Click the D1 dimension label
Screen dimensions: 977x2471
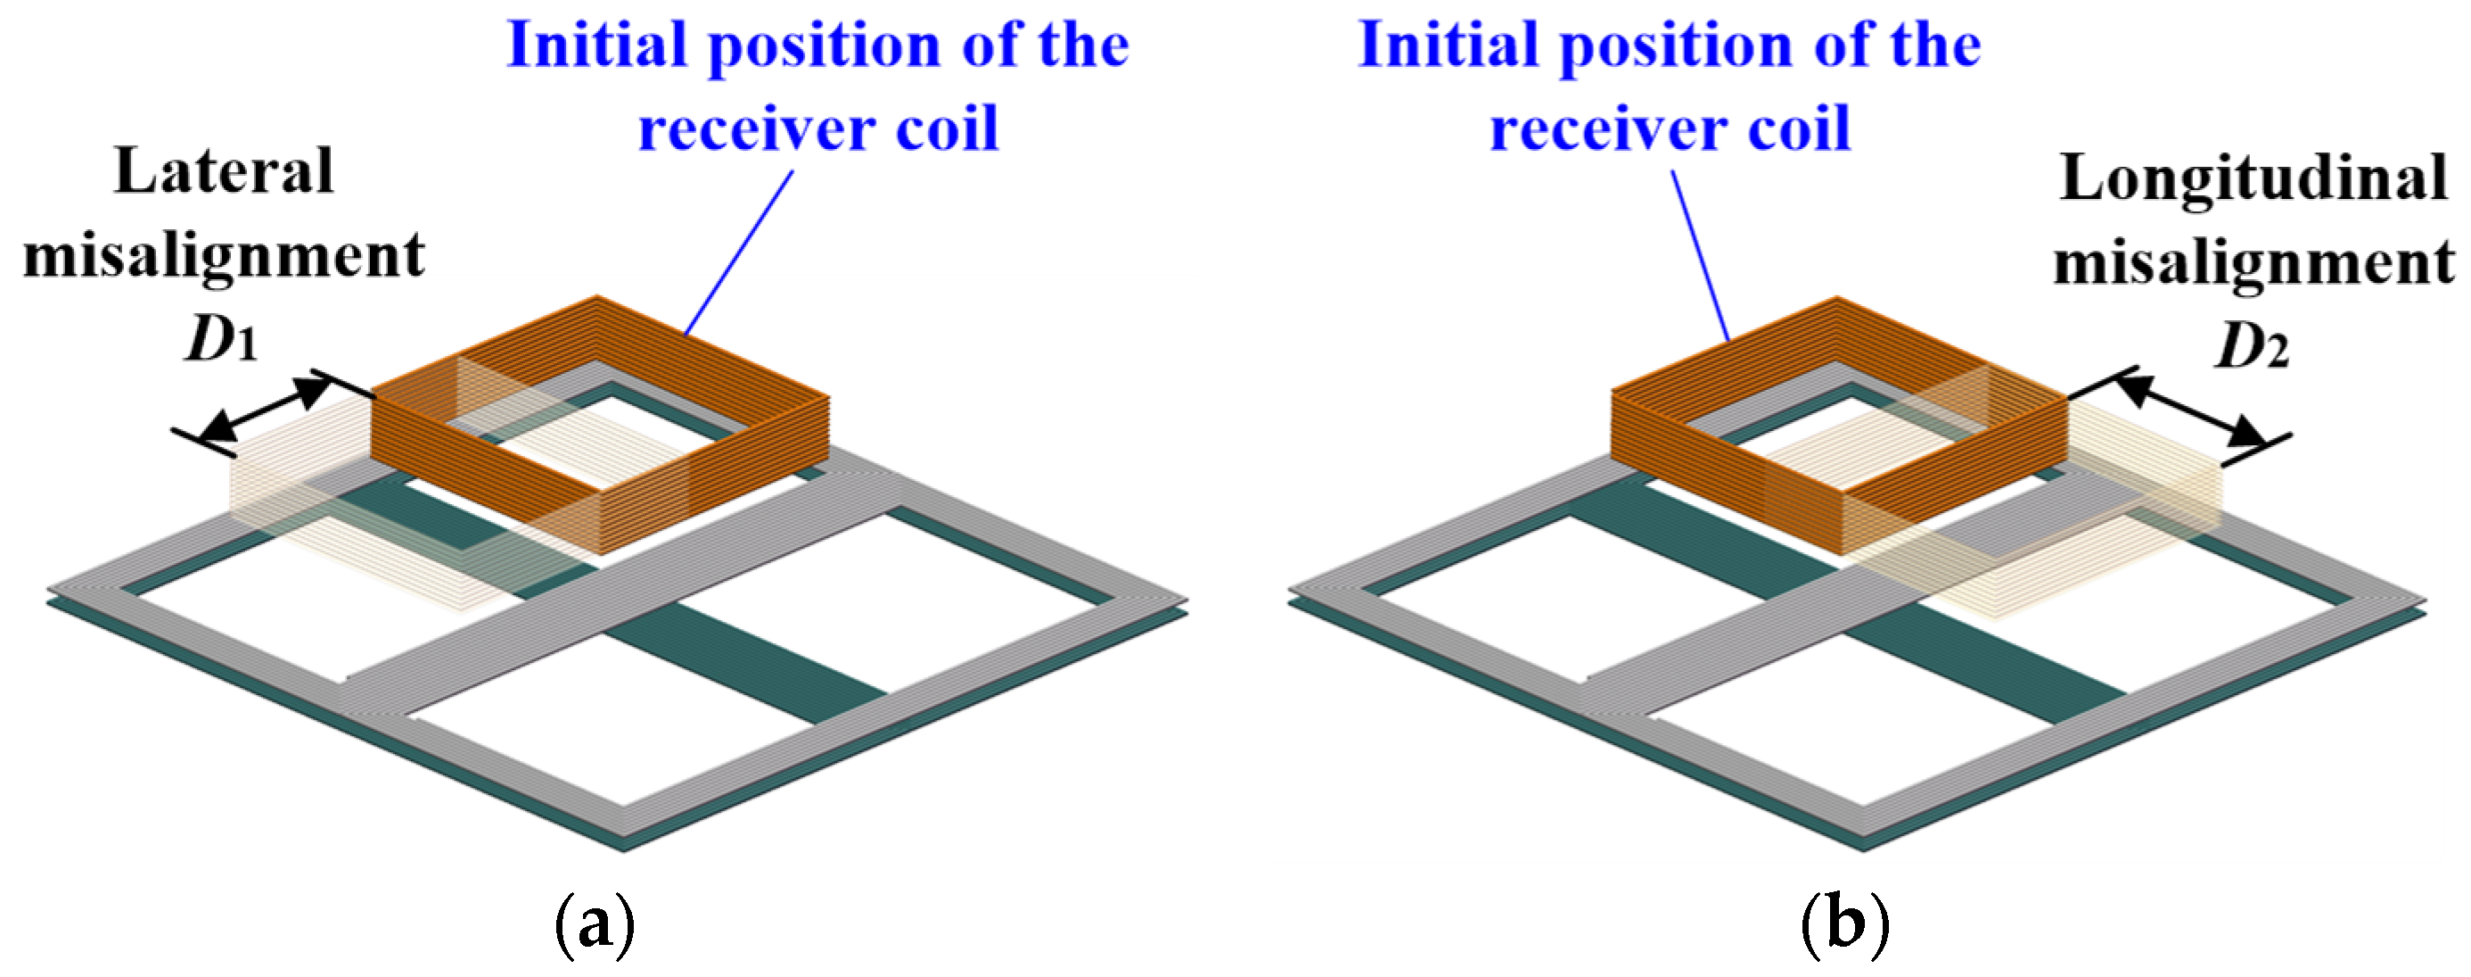point(222,340)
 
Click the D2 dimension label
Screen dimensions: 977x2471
point(2252,346)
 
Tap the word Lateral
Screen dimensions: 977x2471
point(224,173)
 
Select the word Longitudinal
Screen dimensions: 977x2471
point(2253,178)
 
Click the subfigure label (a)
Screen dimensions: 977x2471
point(595,923)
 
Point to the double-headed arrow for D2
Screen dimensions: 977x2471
point(2191,410)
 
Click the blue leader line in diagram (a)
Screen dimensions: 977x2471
point(739,252)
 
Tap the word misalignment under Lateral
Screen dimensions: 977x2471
point(224,256)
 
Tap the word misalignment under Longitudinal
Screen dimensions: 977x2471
point(2253,263)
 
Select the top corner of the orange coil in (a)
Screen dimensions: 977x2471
point(596,297)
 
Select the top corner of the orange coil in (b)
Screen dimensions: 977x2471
point(1836,300)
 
